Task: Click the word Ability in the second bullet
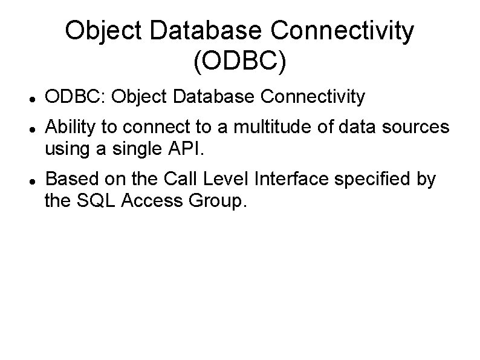[68, 127]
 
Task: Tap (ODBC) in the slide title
[239, 63]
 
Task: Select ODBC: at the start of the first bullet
[76, 96]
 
